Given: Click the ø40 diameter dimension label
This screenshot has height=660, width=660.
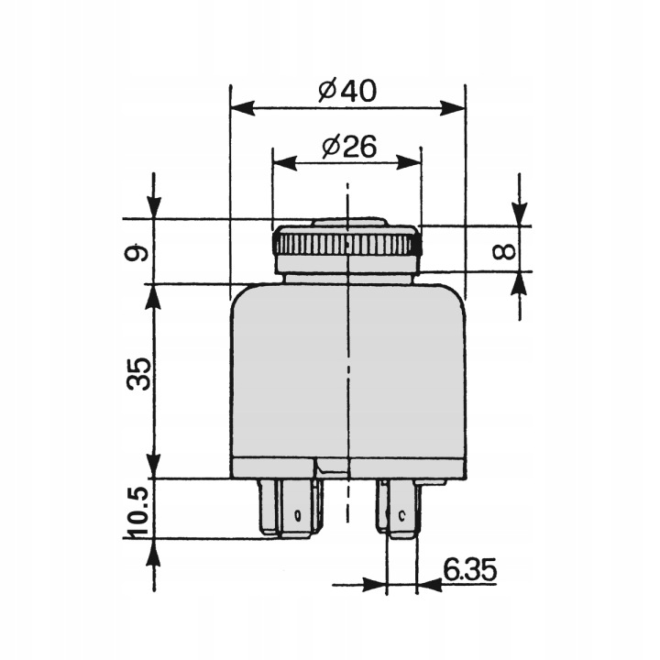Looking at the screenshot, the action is (x=347, y=91).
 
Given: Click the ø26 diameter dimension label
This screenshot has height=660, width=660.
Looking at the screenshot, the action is (x=349, y=148).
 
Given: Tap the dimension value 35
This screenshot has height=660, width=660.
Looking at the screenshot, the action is (x=139, y=375).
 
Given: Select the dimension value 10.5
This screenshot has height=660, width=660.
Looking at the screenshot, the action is (x=139, y=511).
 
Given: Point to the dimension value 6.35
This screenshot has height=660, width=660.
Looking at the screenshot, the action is (x=469, y=570).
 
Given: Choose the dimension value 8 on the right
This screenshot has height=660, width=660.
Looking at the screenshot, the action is (x=503, y=251).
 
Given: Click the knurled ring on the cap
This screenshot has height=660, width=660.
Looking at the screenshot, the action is (x=346, y=243).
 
